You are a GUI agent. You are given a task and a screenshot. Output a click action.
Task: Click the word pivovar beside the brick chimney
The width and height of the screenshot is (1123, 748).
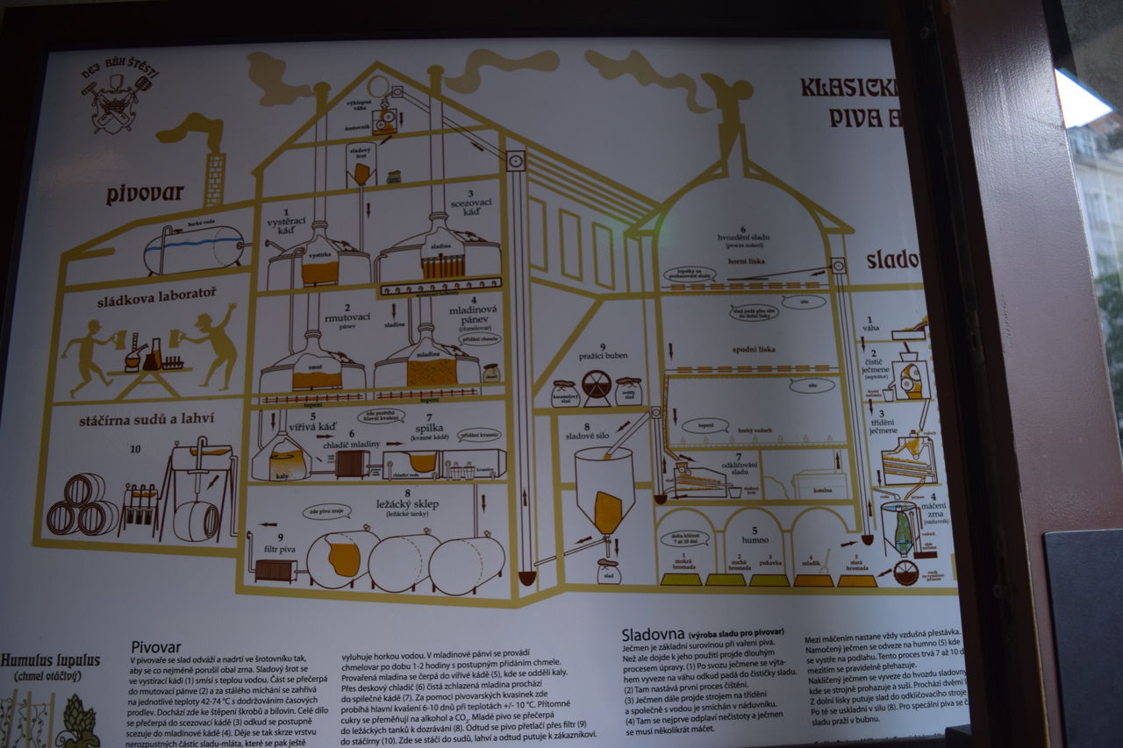[x=144, y=194]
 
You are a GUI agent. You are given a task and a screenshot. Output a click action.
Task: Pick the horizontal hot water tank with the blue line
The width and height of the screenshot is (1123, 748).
[x=195, y=250]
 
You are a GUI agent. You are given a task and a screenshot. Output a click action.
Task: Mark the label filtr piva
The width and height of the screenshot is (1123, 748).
[x=281, y=548]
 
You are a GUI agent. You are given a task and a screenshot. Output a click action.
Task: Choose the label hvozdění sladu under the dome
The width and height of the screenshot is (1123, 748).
[x=742, y=238]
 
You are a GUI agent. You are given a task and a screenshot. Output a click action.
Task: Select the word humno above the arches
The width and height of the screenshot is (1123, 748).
[x=755, y=539]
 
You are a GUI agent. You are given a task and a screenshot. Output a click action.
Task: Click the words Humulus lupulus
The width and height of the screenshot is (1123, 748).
[x=50, y=660]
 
